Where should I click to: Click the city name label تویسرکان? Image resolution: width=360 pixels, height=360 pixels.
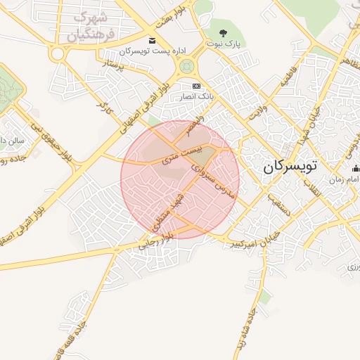[x=290, y=167]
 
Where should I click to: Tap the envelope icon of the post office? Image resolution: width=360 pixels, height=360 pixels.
[x=153, y=40]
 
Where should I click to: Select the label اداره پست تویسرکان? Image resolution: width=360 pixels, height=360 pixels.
[x=145, y=51]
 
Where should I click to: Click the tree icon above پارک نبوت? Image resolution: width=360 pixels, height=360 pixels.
[x=224, y=32]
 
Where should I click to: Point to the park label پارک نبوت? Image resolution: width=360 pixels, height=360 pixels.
[x=224, y=44]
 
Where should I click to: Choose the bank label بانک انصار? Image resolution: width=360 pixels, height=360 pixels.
[x=198, y=96]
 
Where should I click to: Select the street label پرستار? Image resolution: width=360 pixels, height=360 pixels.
[x=112, y=67]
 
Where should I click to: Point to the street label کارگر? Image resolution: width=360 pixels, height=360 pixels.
[x=105, y=108]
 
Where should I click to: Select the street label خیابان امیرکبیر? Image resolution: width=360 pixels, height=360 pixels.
[x=255, y=240]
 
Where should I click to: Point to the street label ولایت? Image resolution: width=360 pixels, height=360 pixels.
[x=259, y=110]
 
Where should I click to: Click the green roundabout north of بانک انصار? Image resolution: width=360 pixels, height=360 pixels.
[x=186, y=67]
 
